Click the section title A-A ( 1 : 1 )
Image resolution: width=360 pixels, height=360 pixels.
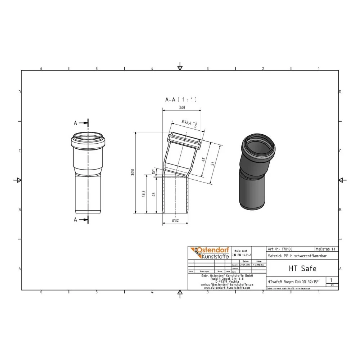point(181,100)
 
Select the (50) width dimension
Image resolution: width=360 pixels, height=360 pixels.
point(182,108)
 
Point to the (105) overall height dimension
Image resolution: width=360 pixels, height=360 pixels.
point(133,172)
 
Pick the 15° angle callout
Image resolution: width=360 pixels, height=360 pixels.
point(153,171)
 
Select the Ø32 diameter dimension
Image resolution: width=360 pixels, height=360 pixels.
point(175,220)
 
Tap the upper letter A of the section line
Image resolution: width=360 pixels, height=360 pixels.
point(76,123)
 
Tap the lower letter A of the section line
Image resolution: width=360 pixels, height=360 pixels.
point(76,220)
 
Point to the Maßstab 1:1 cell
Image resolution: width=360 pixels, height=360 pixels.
point(326,249)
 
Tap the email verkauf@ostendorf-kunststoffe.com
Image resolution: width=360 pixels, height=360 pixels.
point(227,284)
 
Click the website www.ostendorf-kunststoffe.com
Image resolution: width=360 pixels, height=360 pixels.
point(227,288)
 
